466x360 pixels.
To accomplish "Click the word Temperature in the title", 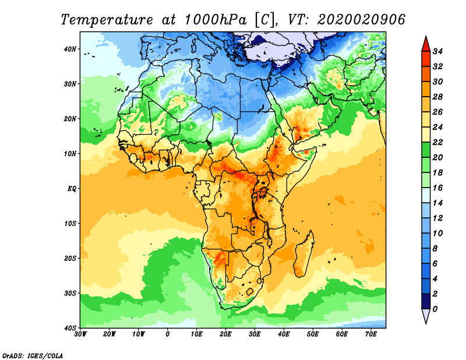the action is pos(107,20).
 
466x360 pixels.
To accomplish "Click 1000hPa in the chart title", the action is pos(216,20).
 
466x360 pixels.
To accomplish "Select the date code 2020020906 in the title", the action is pos(361,20).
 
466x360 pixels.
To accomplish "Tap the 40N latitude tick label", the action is pos(70,49).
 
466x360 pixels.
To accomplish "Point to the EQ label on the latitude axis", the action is pos(72,189).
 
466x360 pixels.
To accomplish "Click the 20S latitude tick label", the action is pos(70,258).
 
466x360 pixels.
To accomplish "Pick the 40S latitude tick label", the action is pos(70,328).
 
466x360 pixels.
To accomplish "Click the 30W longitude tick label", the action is pos(80,334).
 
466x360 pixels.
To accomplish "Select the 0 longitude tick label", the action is pos(168,334).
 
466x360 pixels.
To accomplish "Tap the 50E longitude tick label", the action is pos(313,334).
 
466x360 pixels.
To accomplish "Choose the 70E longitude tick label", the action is pos(371,334).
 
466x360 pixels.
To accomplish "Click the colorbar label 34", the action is pos(437,51).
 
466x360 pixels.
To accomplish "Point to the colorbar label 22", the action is pos(437,142).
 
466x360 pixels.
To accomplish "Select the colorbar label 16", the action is pos(437,188).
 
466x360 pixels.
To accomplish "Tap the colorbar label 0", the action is pos(435,309).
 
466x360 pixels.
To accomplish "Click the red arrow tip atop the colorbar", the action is pos(426,37).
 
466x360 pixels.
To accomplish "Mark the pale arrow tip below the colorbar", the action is pos(426,323).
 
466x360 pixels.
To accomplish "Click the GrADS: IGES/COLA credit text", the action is pos(33,355).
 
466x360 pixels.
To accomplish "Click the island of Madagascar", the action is pos(303,254).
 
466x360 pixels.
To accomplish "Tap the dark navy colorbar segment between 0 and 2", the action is pos(426,301).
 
